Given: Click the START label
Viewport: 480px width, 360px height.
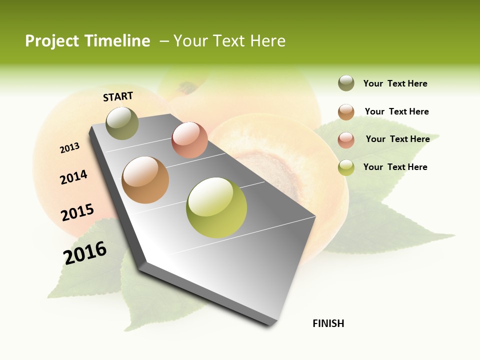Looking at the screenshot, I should [118, 96].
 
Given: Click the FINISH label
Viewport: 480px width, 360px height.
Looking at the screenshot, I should [328, 323].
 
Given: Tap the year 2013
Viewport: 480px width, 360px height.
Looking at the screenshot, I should [69, 148].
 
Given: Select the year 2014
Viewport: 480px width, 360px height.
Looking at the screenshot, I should [73, 177].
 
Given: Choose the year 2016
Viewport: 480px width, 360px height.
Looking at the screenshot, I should [85, 252].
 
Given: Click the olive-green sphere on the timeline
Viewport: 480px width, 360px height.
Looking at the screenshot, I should [122, 123].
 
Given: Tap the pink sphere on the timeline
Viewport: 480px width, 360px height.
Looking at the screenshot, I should [189, 140].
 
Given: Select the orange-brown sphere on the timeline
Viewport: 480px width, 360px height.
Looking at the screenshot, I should [145, 180].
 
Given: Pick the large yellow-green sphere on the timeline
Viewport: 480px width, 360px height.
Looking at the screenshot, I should [216, 207].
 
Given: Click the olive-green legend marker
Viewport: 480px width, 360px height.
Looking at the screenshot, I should [346, 83].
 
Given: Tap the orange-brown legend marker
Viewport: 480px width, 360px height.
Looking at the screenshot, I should [346, 112].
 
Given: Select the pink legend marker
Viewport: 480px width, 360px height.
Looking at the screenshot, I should [346, 139].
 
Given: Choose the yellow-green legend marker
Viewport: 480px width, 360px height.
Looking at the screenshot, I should [346, 167].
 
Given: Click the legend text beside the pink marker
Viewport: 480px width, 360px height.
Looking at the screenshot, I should [397, 139].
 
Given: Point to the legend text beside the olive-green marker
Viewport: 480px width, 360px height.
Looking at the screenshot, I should [395, 83].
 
